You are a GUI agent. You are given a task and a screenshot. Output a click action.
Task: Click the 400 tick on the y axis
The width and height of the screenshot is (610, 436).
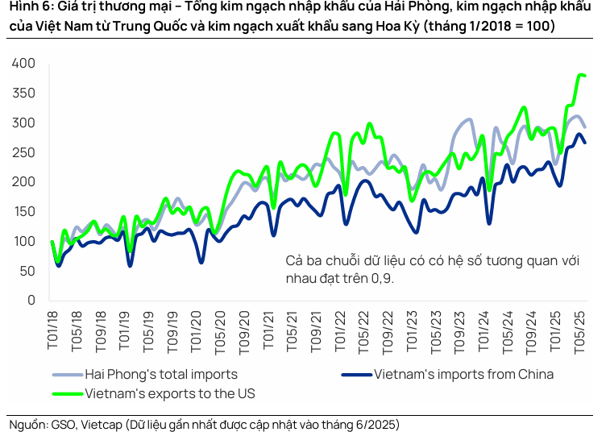point(23,64)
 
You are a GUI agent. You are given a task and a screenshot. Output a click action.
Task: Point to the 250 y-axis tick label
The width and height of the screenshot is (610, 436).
point(23,152)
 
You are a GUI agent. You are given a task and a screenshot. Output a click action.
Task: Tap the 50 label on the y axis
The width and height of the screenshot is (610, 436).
point(27,271)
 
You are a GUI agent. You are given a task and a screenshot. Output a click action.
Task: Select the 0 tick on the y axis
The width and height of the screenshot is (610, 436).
point(31,301)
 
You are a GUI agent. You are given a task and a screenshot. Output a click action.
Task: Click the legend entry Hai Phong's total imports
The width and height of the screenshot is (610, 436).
point(161,374)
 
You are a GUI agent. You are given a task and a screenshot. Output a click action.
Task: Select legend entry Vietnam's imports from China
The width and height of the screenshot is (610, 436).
point(463,374)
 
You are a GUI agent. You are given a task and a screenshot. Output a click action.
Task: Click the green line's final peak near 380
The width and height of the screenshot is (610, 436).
point(579,75)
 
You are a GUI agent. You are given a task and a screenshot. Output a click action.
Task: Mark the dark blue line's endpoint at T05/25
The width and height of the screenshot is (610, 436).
point(585,143)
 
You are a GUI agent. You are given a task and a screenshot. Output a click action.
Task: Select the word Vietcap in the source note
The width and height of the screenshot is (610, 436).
point(102,424)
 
